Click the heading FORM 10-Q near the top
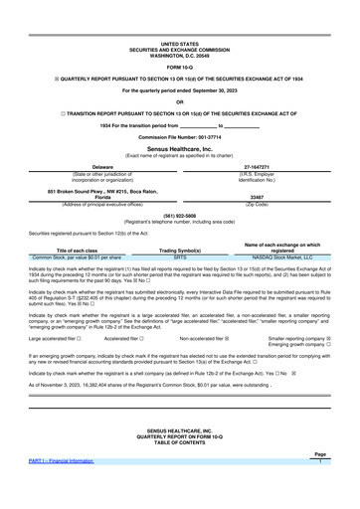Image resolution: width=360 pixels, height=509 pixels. pos(179,39)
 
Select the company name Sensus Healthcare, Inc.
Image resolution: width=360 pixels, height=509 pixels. pos(179,144)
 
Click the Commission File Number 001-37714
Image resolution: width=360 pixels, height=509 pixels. pos(180,133)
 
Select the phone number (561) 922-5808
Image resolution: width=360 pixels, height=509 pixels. pos(179,215)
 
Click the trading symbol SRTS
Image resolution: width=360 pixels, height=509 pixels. pos(180,255)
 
